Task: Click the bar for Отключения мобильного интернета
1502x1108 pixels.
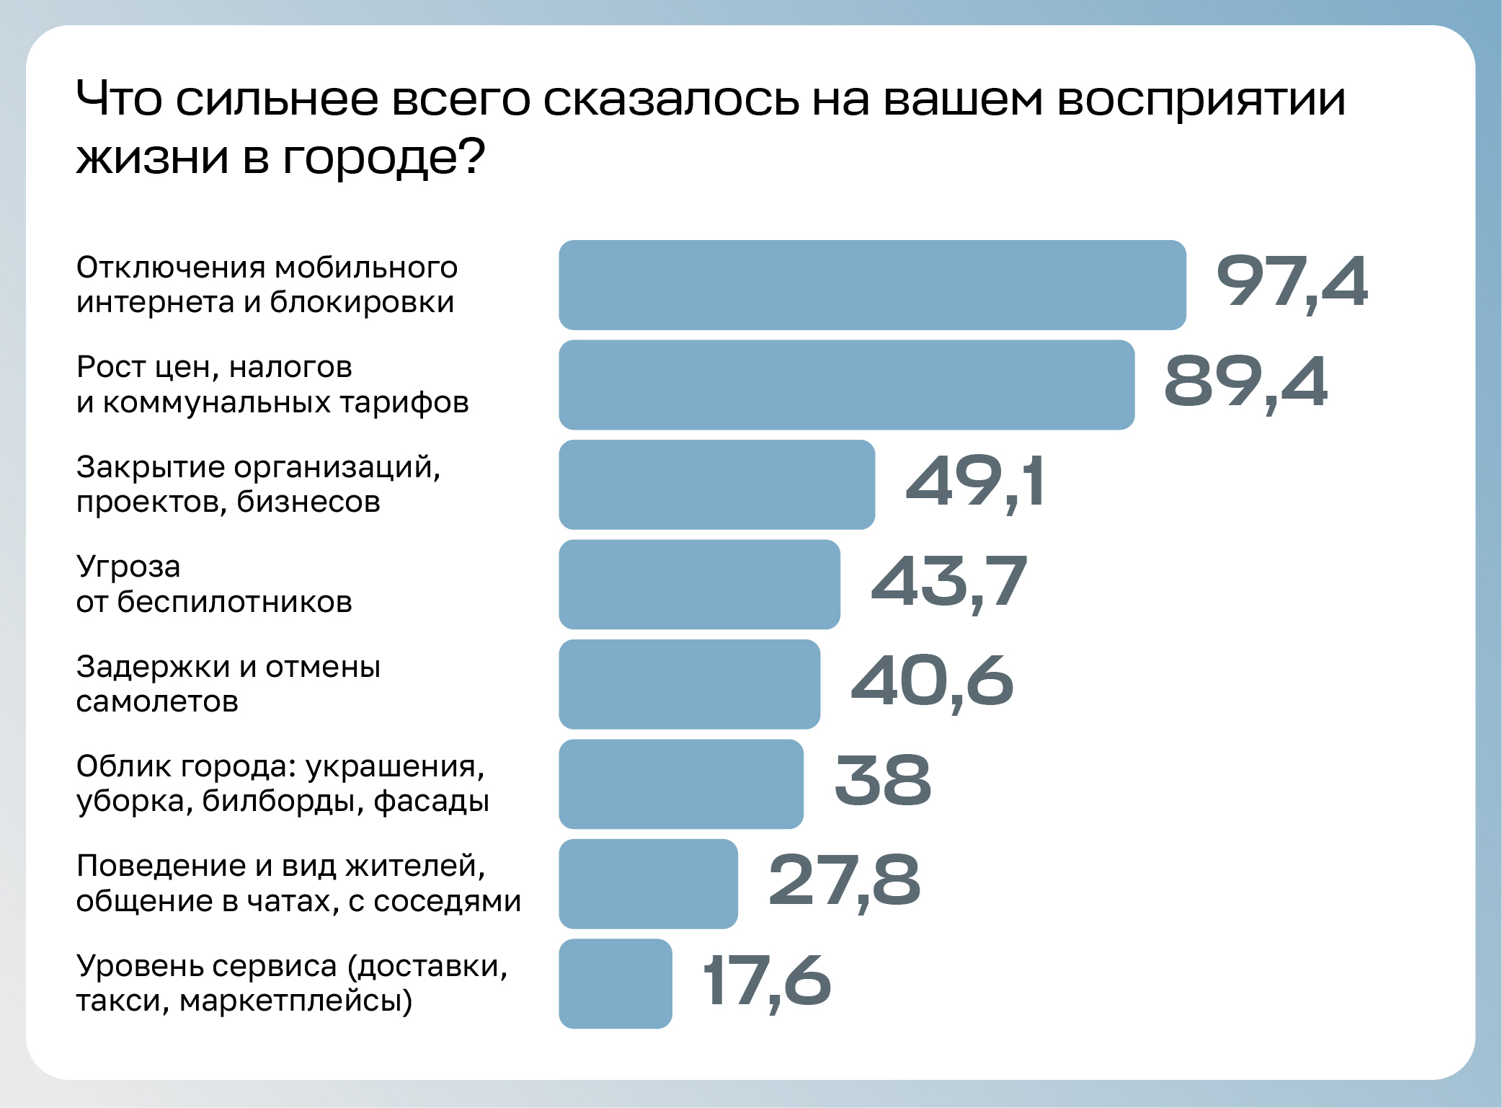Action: click(872, 285)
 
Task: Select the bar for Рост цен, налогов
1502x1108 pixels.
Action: click(846, 385)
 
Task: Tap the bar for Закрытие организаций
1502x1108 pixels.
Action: click(716, 484)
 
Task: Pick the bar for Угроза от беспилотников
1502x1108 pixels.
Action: click(699, 585)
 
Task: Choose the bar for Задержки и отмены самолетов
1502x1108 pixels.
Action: click(689, 684)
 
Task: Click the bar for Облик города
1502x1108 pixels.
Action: click(680, 784)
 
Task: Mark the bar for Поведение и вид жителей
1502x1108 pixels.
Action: click(648, 884)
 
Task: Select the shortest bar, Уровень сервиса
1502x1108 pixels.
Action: click(616, 983)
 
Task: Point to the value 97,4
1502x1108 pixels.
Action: click(1292, 282)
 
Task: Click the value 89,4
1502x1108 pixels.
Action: click(1245, 382)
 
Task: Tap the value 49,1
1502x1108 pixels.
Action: click(974, 482)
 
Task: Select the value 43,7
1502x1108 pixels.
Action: click(948, 582)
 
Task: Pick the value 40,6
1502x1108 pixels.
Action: click(932, 681)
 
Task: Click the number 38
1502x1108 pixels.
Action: click(883, 781)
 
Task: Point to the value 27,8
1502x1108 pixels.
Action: click(845, 881)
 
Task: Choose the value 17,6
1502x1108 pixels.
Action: click(767, 980)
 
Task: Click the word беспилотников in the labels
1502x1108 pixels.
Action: click(234, 602)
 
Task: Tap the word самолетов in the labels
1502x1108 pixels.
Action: click(157, 701)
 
